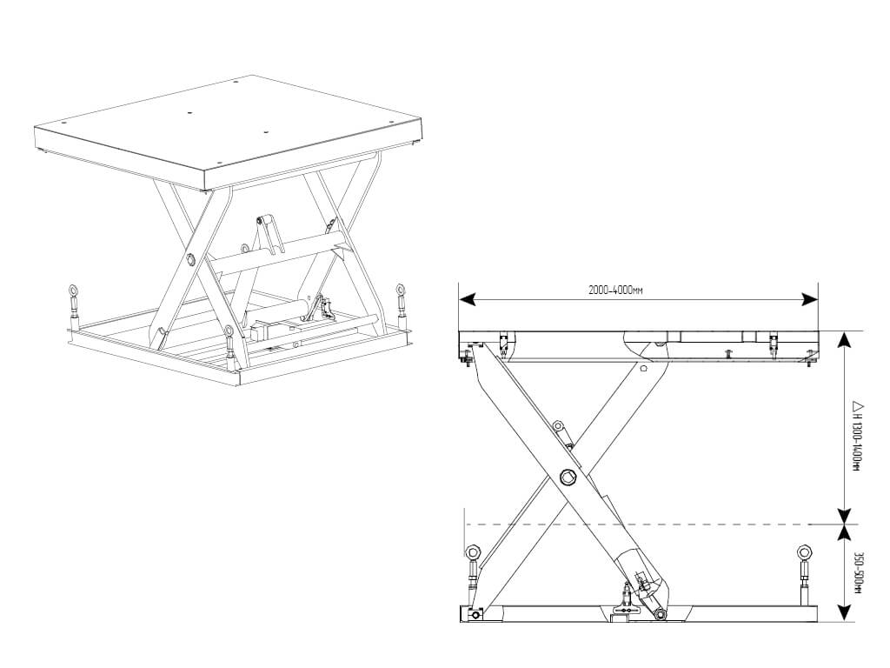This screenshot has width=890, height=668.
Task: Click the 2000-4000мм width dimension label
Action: (615, 291)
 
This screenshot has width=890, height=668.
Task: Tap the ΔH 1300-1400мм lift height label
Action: (857, 436)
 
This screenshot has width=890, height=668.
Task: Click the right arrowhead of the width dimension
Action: (810, 299)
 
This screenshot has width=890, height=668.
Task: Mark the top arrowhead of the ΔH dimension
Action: (845, 339)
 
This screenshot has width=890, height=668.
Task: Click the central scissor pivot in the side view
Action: (568, 477)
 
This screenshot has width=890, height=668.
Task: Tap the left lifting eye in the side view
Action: (472, 551)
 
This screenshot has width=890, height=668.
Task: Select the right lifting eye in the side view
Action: (804, 551)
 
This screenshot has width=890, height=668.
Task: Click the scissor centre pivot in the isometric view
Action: (189, 260)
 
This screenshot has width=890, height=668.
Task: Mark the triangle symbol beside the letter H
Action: (857, 406)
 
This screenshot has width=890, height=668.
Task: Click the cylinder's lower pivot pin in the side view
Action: (661, 614)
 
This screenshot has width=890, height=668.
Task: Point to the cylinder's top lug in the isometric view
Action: (262, 220)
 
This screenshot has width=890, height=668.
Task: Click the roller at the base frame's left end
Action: (473, 614)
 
